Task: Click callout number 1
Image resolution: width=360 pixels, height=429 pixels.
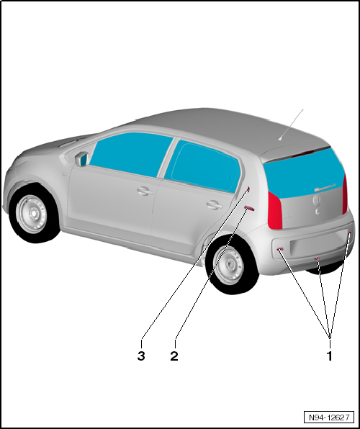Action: pos(330,355)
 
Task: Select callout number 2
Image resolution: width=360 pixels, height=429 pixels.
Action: pos(174,355)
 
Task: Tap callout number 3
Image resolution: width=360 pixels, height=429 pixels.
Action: pos(142,355)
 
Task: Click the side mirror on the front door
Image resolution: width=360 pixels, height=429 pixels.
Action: pos(80,159)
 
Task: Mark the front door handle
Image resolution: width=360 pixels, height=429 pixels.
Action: pos(144,191)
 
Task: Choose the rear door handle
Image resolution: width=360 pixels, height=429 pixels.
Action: pos(213,204)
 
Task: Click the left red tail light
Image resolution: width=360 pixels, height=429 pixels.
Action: pos(275,209)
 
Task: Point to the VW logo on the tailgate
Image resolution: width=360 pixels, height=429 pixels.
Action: pos(316,202)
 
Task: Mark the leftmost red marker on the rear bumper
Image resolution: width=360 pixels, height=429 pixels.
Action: pos(279,249)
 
